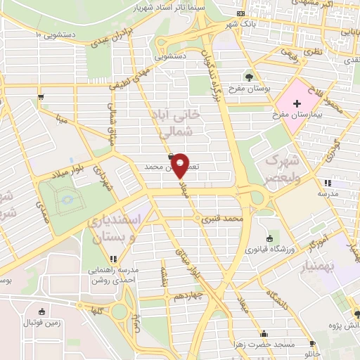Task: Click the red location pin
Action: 180,165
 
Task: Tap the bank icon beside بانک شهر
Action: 241,13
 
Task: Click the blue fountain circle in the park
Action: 67,200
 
